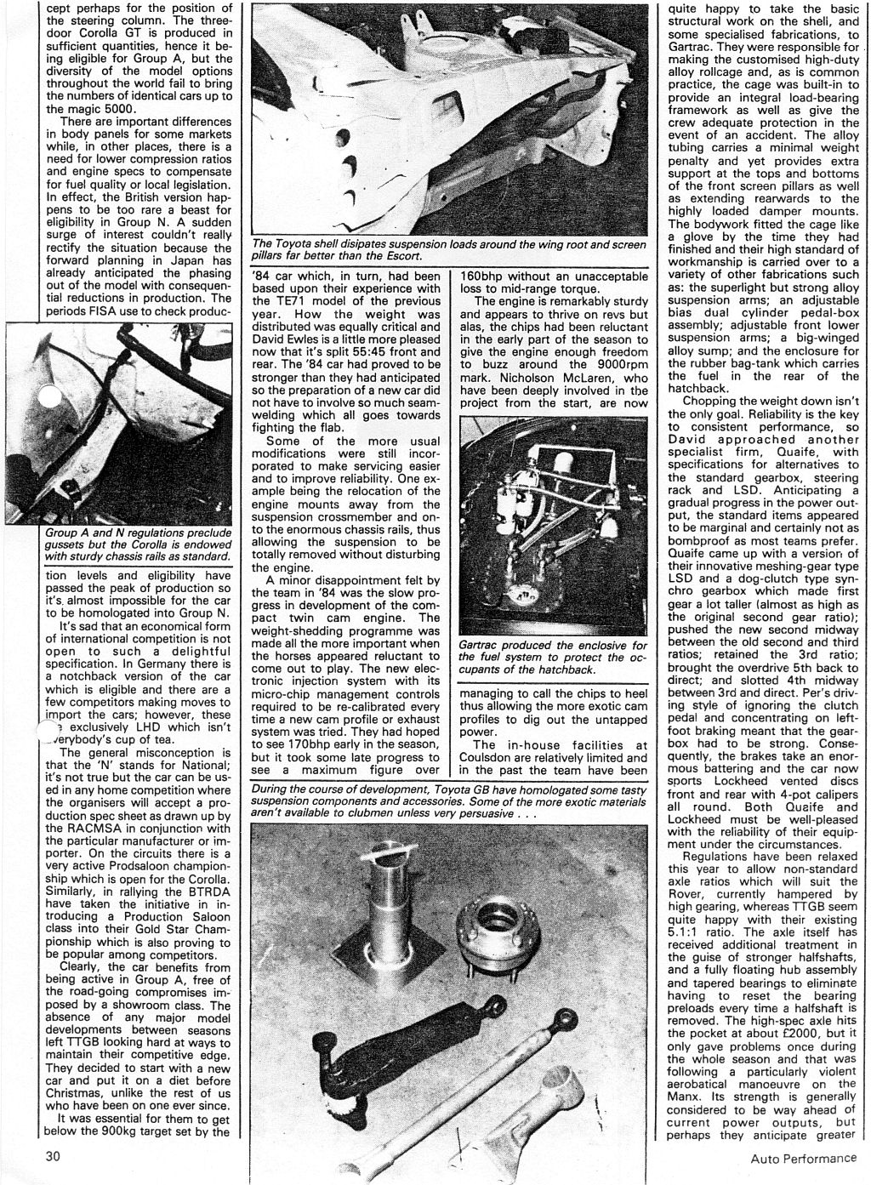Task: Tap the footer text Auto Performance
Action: coord(804,1159)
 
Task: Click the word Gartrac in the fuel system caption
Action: coord(485,647)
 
